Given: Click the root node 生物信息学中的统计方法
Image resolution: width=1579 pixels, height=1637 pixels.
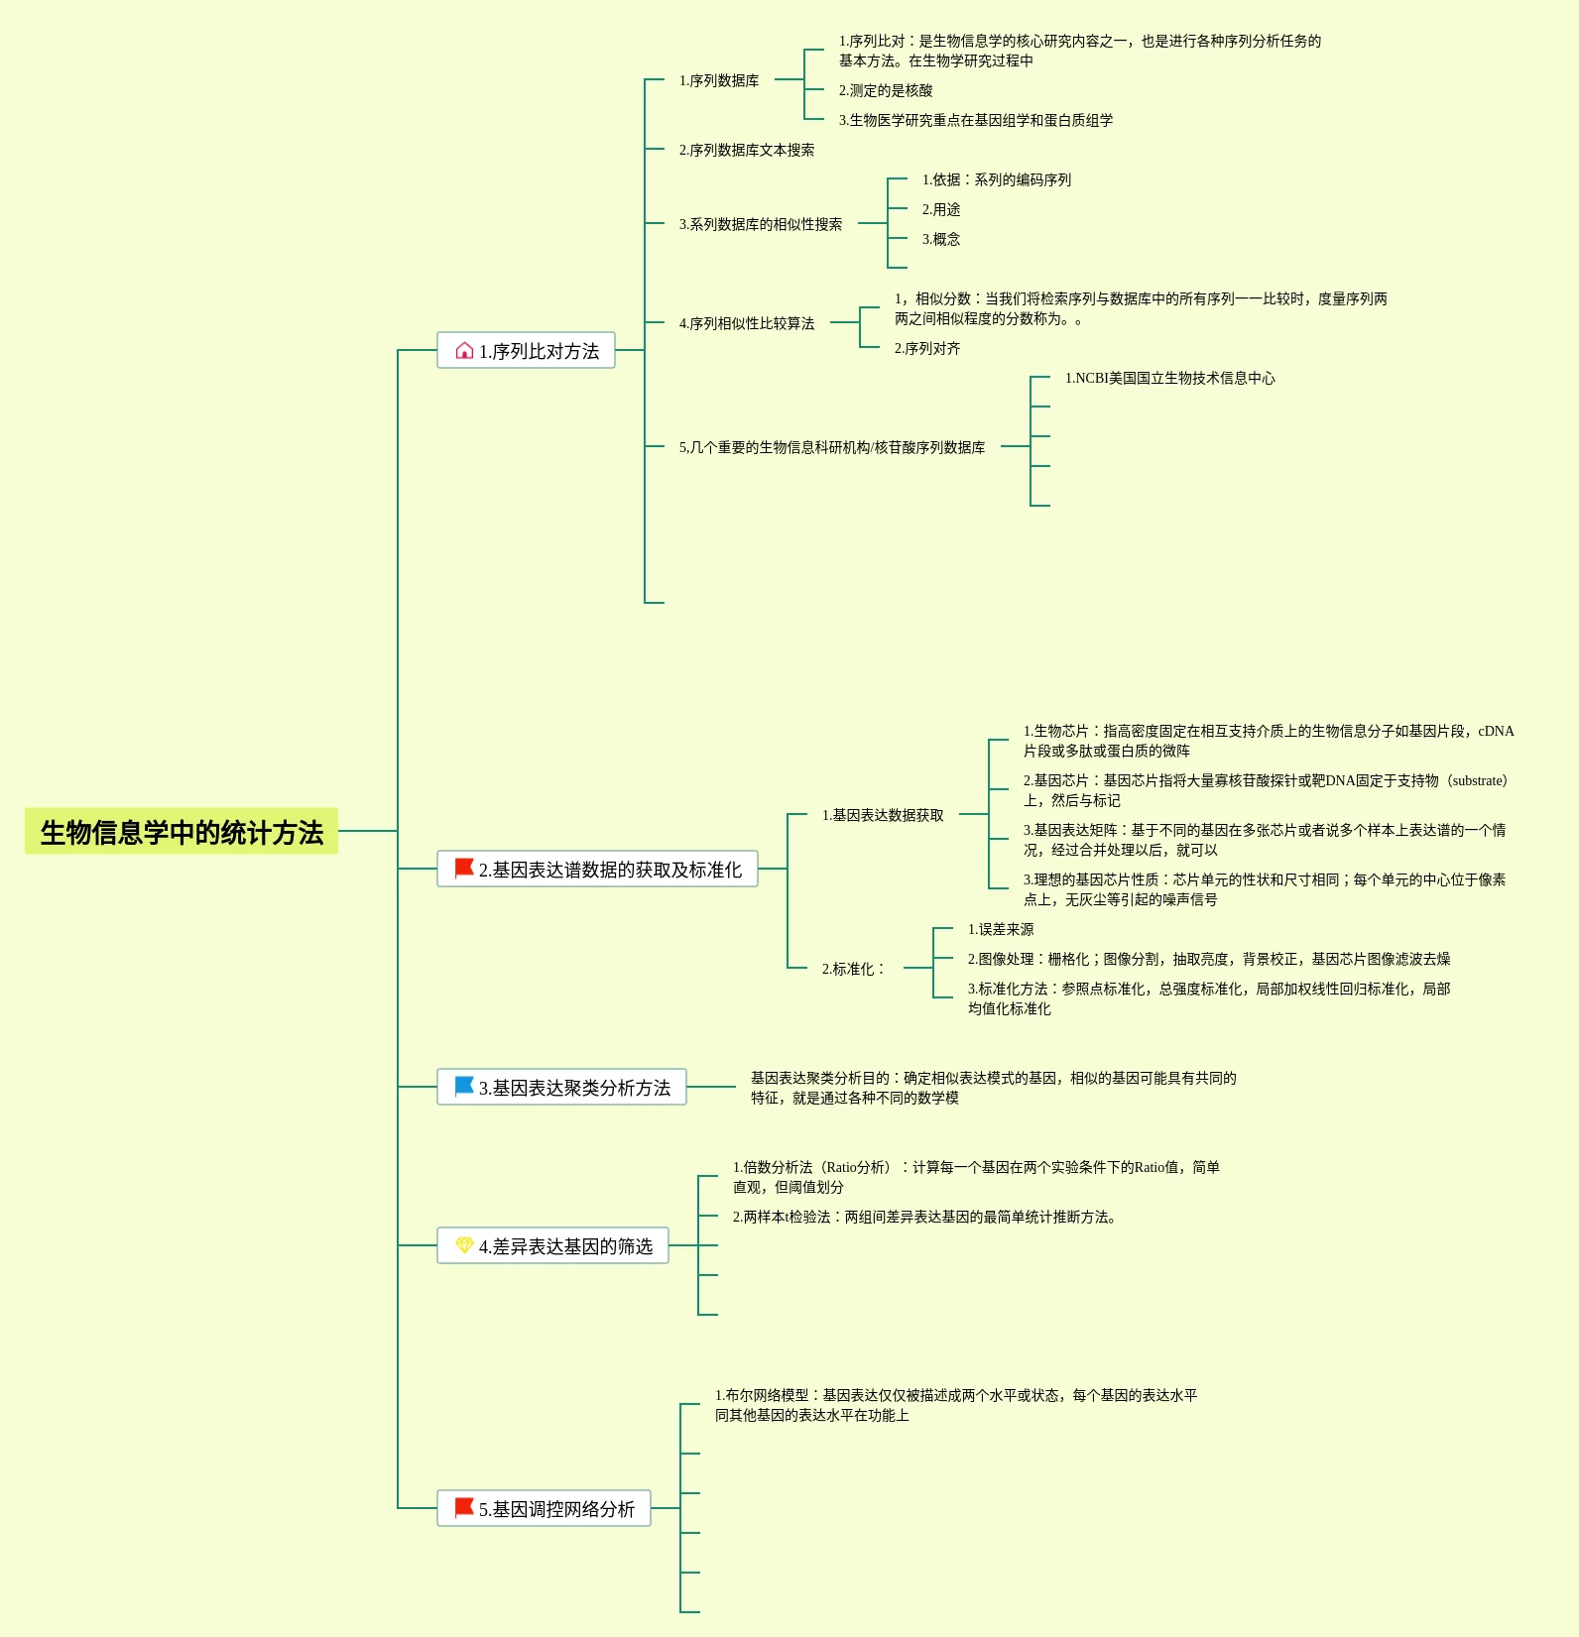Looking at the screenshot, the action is pyautogui.click(x=182, y=831).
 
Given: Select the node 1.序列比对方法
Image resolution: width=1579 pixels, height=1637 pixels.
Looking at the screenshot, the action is pyautogui.click(x=526, y=350).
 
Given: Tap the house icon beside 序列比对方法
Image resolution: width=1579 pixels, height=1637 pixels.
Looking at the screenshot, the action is pyautogui.click(x=464, y=350).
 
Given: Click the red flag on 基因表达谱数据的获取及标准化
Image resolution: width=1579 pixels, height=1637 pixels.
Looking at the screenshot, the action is pyautogui.click(x=463, y=868).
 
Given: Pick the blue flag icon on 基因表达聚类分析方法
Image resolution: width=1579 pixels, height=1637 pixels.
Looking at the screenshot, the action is pyautogui.click(x=463, y=1086).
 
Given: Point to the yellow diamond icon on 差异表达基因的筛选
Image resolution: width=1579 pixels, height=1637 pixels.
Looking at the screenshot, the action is pyautogui.click(x=464, y=1244).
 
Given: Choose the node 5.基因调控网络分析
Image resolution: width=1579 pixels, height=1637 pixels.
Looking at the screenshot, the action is pyautogui.click(x=544, y=1508).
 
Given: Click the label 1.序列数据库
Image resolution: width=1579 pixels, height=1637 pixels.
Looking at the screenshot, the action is pyautogui.click(x=719, y=80).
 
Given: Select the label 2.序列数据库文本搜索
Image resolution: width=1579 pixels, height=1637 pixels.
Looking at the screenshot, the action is pyautogui.click(x=747, y=150).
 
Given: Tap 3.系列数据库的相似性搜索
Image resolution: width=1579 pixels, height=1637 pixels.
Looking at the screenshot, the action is pyautogui.click(x=761, y=224).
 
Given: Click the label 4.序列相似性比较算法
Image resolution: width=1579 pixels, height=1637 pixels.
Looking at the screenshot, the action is pyautogui.click(x=747, y=323).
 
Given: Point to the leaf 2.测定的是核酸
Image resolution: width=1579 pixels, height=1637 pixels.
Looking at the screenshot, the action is pyautogui.click(x=886, y=90).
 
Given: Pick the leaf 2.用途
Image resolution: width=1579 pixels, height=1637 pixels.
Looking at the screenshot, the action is pyautogui.click(x=941, y=209).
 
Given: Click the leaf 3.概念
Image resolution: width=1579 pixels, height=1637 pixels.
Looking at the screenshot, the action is pyautogui.click(x=941, y=239).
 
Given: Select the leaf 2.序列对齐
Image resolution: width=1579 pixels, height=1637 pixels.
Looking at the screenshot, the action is pyautogui.click(x=927, y=348).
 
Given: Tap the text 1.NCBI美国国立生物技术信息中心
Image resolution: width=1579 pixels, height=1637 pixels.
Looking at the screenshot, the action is pyautogui.click(x=1170, y=378).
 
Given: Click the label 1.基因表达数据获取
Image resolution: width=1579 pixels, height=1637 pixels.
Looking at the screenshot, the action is pyautogui.click(x=883, y=815).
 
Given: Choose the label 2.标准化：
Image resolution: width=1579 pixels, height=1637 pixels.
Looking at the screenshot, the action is pyautogui.click(x=853, y=969).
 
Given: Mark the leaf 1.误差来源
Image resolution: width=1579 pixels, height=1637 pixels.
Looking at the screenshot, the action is pyautogui.click(x=1001, y=929).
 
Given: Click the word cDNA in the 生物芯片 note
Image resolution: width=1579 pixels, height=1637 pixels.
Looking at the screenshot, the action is pyautogui.click(x=1496, y=731).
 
